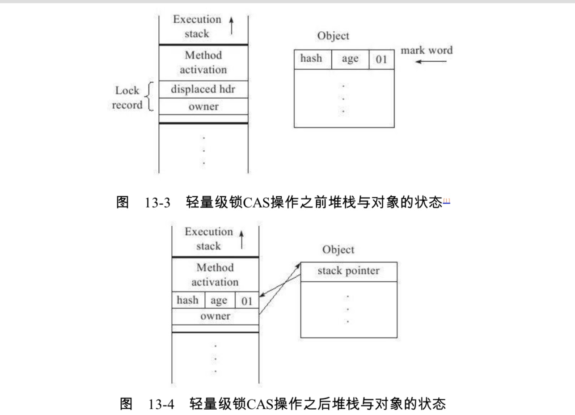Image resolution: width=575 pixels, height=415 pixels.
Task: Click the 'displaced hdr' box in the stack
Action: coord(203,89)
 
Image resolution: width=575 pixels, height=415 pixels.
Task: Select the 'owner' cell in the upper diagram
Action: coord(203,106)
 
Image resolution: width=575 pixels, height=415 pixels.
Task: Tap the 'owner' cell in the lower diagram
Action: coord(215,316)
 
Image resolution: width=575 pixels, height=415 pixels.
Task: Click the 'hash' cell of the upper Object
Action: coord(312,59)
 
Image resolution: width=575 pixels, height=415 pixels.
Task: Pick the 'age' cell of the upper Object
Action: coord(350,59)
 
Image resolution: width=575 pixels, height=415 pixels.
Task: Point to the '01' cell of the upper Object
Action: coord(381,59)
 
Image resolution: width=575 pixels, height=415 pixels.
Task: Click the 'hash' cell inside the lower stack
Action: coord(188,300)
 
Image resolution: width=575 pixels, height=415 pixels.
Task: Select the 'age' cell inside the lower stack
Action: coord(219,301)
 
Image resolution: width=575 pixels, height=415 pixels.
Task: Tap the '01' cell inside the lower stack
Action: coord(247,301)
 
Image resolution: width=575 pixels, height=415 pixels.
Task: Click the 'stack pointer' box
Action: coord(348,271)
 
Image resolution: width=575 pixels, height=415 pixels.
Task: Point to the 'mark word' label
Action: coord(426,50)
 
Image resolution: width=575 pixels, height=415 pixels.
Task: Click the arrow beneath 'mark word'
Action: coord(430,62)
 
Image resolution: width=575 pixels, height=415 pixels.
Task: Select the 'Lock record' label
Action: coord(127,98)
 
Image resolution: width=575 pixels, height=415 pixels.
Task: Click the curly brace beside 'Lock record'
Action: coord(151,97)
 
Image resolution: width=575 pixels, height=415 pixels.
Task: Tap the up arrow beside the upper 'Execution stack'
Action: coord(231,26)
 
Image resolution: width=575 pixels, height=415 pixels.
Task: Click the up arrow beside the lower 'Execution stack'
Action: coord(241,239)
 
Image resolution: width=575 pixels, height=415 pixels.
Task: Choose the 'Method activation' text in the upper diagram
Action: coord(203,63)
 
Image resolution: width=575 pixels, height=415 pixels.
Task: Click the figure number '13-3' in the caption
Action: coord(158,203)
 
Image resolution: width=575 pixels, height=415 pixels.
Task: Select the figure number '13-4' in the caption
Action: coord(160,404)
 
